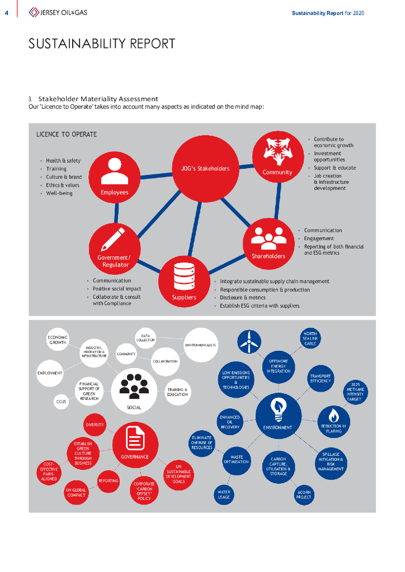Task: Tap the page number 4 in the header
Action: pos(6,13)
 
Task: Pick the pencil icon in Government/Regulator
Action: pos(114,239)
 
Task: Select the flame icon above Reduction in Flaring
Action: pos(333,416)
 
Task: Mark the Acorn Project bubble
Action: pos(304,494)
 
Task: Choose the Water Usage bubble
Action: pos(224,494)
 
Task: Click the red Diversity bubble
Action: pos(95,425)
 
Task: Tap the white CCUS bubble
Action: pos(61,402)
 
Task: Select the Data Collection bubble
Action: pos(145,337)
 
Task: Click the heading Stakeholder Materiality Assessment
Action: pos(98,99)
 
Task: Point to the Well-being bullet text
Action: pos(59,193)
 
